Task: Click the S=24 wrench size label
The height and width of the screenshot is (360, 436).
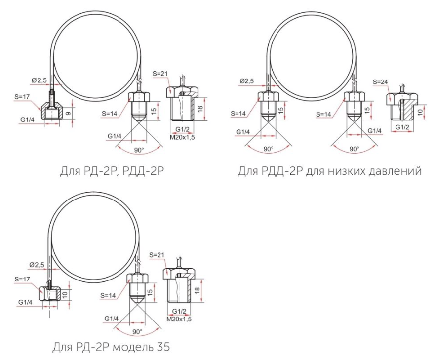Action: [x=380, y=82]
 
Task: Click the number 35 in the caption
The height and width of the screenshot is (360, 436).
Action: [x=163, y=347]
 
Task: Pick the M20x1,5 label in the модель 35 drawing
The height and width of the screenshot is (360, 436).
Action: [x=179, y=319]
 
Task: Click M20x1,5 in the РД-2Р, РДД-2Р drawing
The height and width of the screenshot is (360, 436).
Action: [x=182, y=137]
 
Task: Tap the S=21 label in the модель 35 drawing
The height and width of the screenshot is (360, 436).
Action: [x=157, y=255]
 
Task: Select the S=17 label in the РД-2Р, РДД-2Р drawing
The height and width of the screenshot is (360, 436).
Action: [x=22, y=97]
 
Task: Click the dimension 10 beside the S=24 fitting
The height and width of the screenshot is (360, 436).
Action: [x=420, y=112]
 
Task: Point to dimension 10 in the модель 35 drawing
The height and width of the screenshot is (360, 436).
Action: [x=65, y=295]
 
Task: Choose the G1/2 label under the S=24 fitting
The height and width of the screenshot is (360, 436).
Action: [x=402, y=127]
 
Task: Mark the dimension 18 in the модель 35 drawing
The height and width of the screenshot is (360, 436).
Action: [x=197, y=291]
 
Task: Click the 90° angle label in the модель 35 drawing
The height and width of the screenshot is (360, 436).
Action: [x=137, y=332]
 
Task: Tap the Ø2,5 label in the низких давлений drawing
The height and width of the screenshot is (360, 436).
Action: [x=247, y=81]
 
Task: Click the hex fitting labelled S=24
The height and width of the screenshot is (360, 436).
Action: [x=402, y=106]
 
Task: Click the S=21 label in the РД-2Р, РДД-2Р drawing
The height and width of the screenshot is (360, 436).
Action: [x=160, y=74]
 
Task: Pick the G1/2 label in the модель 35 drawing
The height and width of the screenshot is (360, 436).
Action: [x=179, y=311]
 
